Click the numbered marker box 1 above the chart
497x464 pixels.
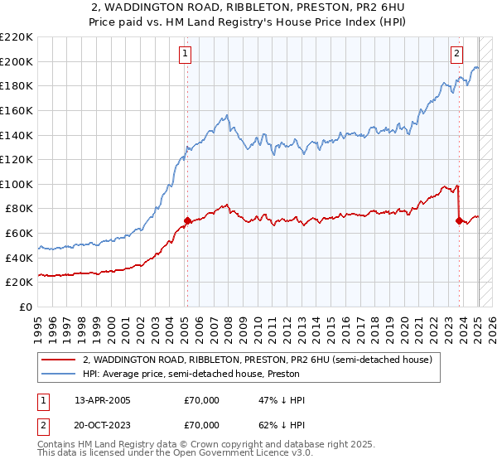185,54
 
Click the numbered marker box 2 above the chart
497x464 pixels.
456,54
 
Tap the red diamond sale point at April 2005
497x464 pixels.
187,221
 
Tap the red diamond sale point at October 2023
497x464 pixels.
459,221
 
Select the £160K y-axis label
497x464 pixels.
17,110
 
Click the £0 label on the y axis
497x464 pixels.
25,307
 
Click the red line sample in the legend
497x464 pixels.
58,360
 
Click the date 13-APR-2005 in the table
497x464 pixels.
103,400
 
